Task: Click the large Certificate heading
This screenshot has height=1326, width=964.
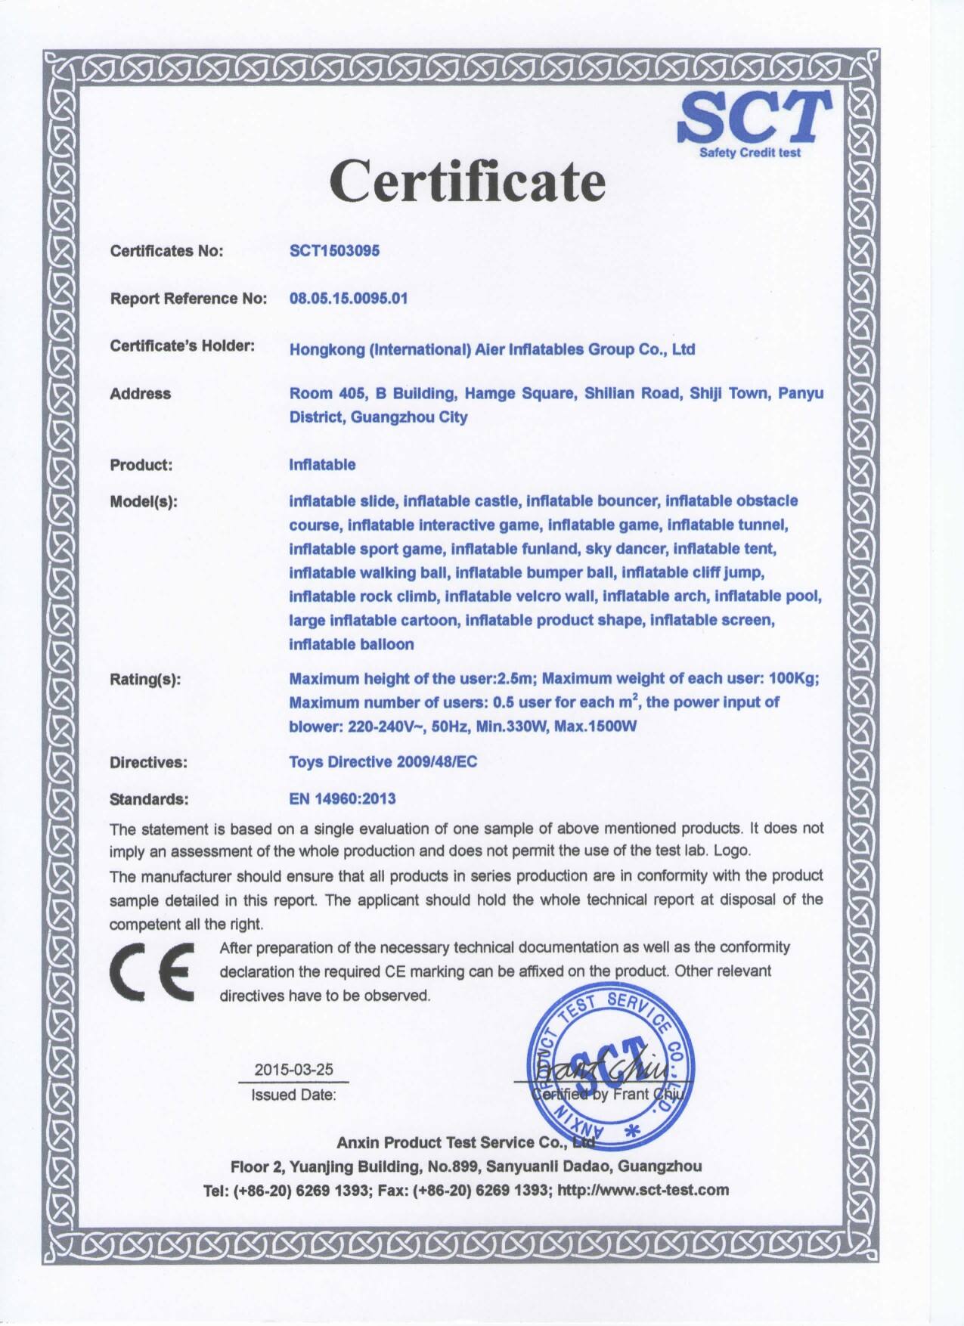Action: pyautogui.click(x=469, y=181)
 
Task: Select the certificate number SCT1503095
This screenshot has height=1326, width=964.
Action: pyautogui.click(x=334, y=251)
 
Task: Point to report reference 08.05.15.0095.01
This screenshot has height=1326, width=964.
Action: pyautogui.click(x=349, y=298)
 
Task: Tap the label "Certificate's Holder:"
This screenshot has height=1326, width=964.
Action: pyautogui.click(x=182, y=346)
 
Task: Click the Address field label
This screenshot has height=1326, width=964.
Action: pyautogui.click(x=141, y=394)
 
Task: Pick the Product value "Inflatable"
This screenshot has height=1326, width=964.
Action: pyautogui.click(x=322, y=464)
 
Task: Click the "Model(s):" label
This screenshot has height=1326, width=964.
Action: pyautogui.click(x=144, y=501)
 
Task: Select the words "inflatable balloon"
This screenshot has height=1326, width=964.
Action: pyautogui.click(x=352, y=644)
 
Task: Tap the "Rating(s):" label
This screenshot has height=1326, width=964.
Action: pyautogui.click(x=145, y=680)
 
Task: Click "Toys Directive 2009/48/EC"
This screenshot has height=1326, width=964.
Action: pyautogui.click(x=383, y=762)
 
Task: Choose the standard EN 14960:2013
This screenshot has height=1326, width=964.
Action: pyautogui.click(x=343, y=798)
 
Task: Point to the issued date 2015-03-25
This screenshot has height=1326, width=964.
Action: pyautogui.click(x=293, y=1070)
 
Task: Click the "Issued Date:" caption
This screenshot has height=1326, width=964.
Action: pyautogui.click(x=293, y=1095)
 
